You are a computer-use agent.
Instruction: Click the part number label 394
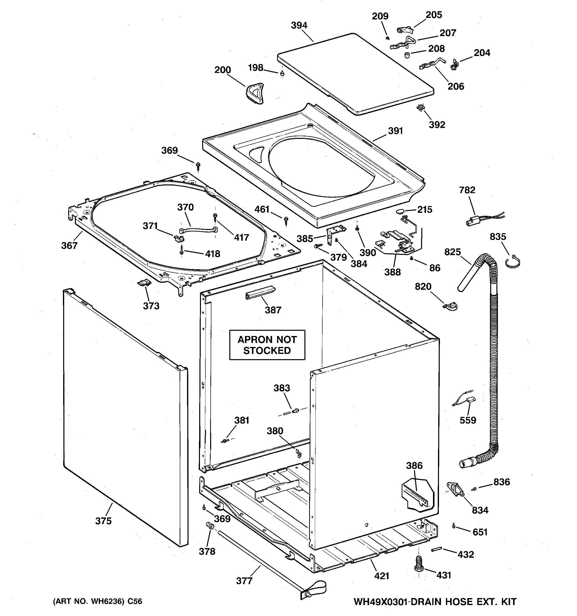tap(299, 25)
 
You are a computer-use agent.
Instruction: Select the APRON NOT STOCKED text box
tap(267, 345)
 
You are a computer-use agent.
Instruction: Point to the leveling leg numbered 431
tap(419, 565)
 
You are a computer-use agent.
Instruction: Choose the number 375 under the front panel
tap(103, 521)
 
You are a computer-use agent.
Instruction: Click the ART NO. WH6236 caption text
tap(97, 601)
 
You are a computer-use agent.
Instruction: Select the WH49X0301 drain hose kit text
tap(435, 602)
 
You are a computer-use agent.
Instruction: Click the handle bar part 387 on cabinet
tap(260, 292)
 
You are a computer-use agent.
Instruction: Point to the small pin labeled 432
tap(435, 549)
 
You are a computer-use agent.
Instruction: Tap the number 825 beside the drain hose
tap(452, 252)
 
